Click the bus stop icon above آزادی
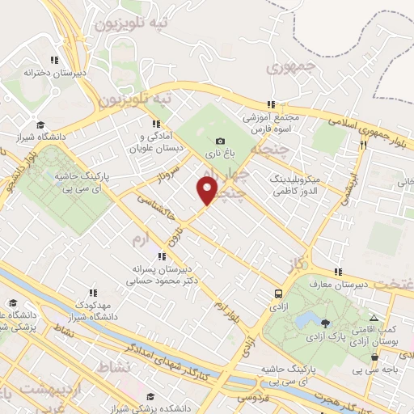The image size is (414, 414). pyautogui.click(x=279, y=294)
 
